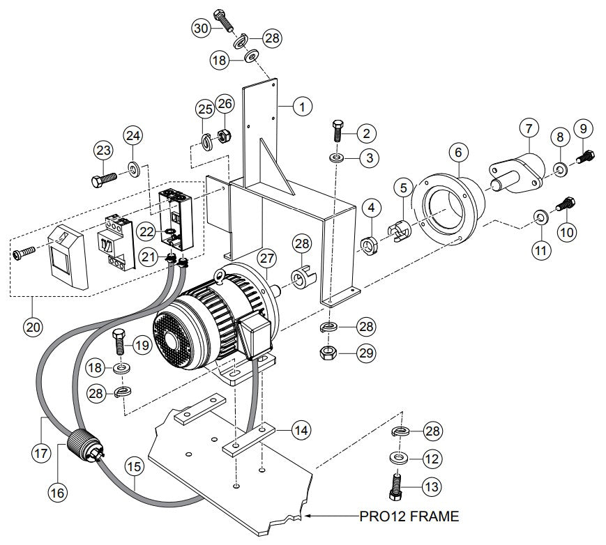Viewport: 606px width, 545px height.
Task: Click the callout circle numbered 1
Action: pos(303,107)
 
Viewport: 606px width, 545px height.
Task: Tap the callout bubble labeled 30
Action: pos(202,27)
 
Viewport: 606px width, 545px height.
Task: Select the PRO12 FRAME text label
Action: pos(409,516)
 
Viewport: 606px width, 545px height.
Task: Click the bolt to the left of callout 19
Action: pos(119,341)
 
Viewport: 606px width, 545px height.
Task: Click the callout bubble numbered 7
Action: pos(528,128)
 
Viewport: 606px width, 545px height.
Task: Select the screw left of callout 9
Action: pos(585,157)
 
